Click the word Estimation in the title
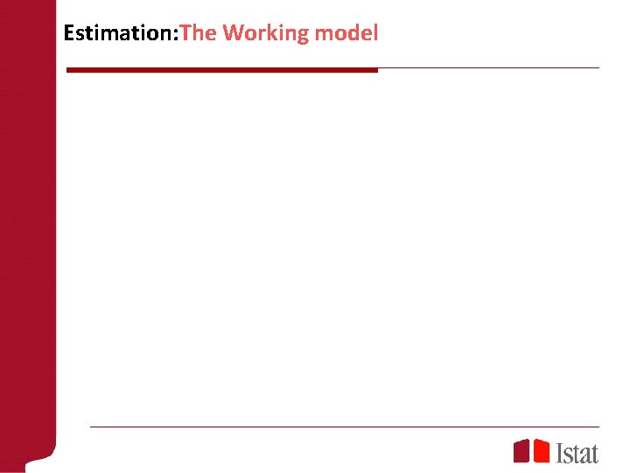pos(119,33)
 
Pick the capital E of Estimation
pos(69,33)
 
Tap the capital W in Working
pos(233,33)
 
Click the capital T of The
pos(185,33)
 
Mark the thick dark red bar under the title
pos(222,70)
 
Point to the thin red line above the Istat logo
pos(345,427)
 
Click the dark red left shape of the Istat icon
pos(521,451)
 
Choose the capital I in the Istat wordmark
pos(560,452)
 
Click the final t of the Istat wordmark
pos(594,453)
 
